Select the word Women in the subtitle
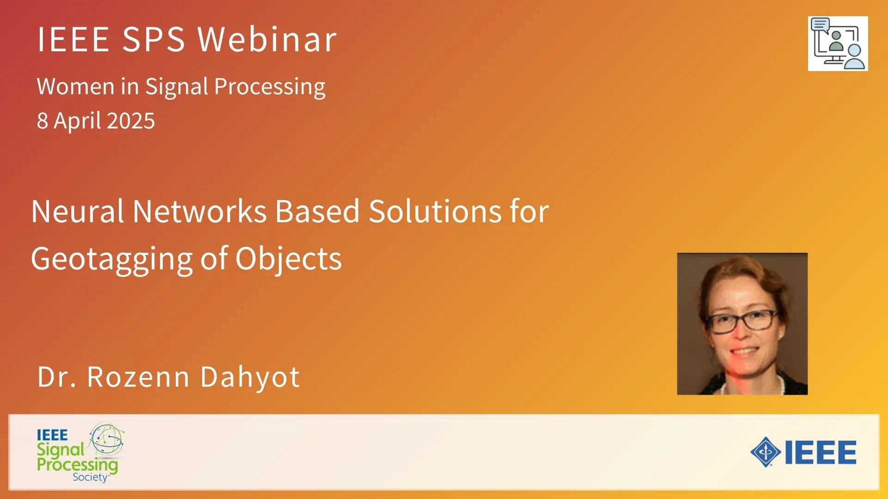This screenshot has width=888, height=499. [76, 86]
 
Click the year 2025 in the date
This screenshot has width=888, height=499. [131, 121]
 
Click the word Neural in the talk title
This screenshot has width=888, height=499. [78, 211]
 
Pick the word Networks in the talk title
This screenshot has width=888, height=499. [200, 211]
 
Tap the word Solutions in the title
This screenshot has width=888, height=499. [435, 211]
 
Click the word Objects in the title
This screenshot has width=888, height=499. [289, 259]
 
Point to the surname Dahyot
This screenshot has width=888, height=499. [250, 377]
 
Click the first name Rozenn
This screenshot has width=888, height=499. [138, 377]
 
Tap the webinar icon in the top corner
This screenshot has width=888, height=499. [838, 43]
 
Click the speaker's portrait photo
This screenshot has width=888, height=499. [742, 323]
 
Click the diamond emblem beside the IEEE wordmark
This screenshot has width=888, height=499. [766, 452]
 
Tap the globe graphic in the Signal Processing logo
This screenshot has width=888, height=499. [107, 439]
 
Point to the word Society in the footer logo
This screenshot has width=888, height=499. [91, 477]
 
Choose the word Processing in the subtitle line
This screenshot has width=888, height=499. [270, 87]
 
